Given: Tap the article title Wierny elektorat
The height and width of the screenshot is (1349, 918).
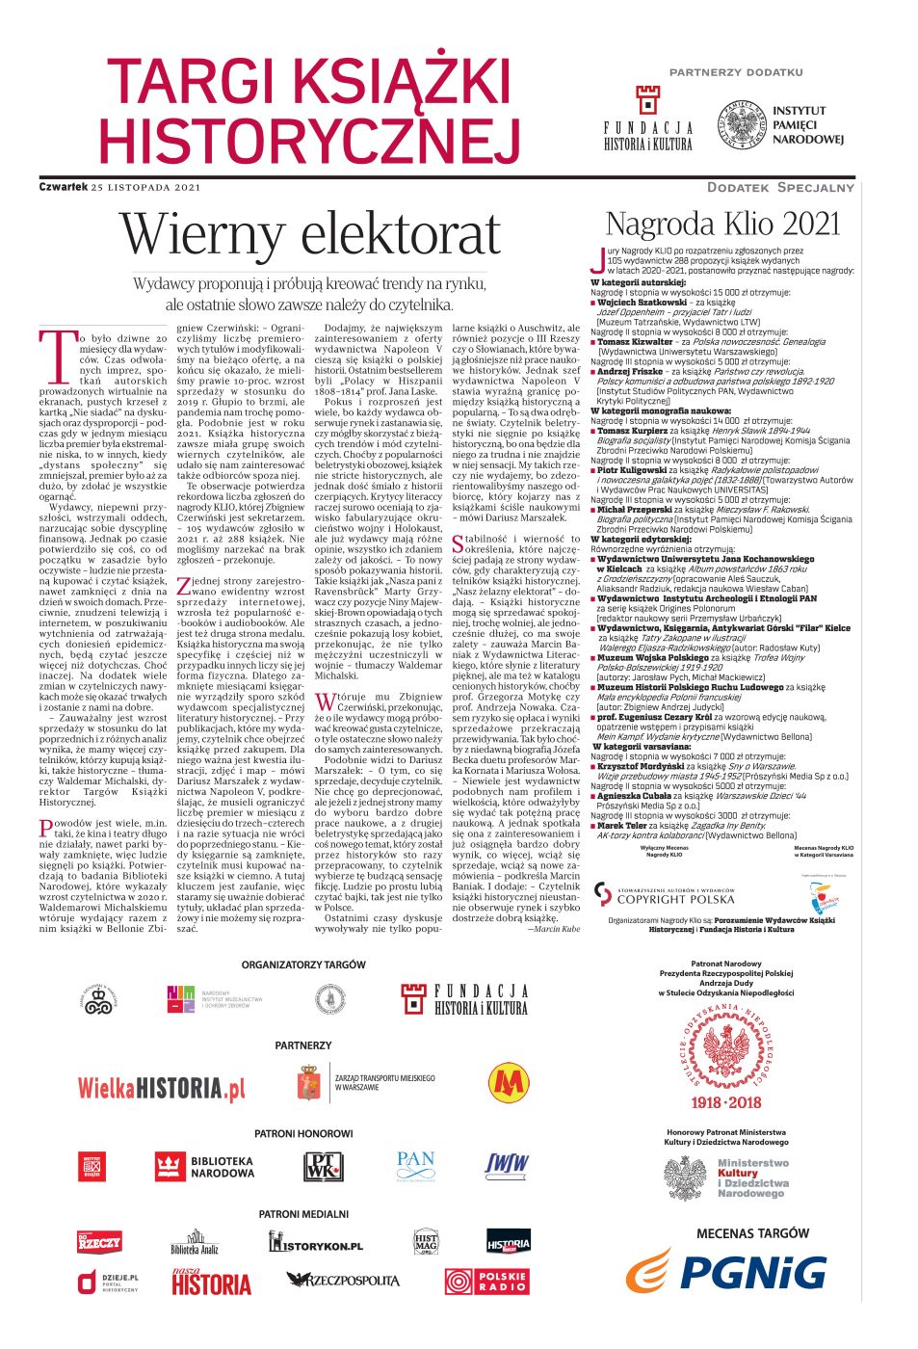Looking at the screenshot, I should coord(310,234).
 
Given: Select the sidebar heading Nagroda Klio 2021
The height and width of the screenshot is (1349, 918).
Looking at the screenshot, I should coord(722,224).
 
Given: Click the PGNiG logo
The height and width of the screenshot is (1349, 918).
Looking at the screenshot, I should coord(727,1271).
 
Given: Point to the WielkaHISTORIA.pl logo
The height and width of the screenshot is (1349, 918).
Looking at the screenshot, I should coord(161,1088).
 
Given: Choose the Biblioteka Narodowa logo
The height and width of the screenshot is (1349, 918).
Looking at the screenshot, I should coord(204,1167).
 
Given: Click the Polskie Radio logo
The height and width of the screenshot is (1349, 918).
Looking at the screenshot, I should coord(486,1282).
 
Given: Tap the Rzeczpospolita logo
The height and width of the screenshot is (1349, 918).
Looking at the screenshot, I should coord(342,1280).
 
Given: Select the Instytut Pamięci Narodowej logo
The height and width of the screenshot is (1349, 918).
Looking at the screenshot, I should coord(780,125).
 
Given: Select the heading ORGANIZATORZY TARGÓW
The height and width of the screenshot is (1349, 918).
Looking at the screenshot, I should coord(303,964).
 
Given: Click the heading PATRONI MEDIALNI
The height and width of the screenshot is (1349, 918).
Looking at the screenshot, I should coord(303,1214).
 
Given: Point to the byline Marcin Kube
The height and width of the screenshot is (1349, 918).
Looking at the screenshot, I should coord(554,929).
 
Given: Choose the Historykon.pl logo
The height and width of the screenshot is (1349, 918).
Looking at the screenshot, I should coord(315,1243).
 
